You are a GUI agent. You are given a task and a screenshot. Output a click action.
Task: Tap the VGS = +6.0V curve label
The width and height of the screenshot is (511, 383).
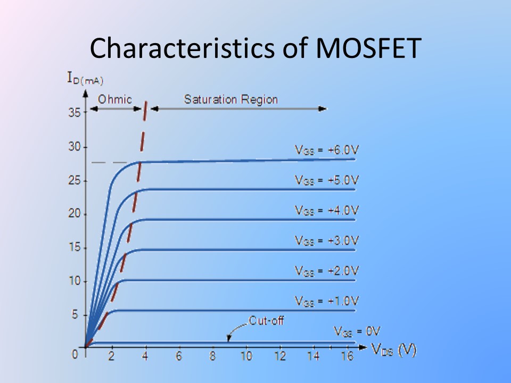pos(327,150)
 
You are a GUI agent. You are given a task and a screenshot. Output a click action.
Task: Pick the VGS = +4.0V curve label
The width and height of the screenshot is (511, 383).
pos(327,210)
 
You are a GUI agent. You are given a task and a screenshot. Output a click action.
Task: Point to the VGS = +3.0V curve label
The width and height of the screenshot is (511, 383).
pos(327,240)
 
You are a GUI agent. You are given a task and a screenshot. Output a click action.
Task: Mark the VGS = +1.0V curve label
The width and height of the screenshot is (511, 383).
pos(327,301)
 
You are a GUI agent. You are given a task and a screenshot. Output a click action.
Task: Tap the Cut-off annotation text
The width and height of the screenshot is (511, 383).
pos(266,321)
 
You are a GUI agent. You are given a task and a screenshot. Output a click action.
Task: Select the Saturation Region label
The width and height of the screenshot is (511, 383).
pos(230,99)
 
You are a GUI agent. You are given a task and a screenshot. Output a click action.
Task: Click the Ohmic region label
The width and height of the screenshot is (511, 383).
pos(114,99)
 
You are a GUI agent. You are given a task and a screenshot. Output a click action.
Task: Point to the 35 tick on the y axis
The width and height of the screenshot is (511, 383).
pos(74,113)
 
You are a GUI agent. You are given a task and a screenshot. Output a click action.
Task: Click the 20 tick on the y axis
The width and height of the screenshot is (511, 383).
pos(74,214)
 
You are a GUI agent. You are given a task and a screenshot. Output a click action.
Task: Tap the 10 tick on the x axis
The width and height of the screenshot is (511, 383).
pos(245,356)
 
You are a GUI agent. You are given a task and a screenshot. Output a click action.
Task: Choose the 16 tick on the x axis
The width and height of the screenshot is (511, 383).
pos(346,356)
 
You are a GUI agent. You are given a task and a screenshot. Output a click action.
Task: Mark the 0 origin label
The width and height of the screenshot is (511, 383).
pos(76,353)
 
